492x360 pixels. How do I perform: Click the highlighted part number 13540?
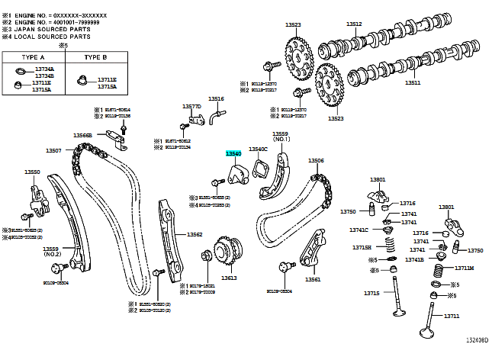point(233,153)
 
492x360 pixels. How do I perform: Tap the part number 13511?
point(413,82)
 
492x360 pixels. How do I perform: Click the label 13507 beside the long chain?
point(53,150)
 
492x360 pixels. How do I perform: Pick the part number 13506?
point(316,161)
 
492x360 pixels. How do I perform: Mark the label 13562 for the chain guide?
point(195,234)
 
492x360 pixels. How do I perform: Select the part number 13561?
point(313,279)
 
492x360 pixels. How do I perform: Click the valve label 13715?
point(371,294)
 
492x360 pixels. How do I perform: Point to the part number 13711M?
point(465,268)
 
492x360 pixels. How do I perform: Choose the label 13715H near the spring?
point(362,247)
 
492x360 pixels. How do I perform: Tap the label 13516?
point(217,99)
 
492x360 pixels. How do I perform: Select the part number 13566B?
point(83,135)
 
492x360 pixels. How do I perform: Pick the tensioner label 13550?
point(31,172)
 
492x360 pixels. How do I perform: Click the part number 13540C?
point(259,149)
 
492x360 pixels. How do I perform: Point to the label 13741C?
point(359,230)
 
